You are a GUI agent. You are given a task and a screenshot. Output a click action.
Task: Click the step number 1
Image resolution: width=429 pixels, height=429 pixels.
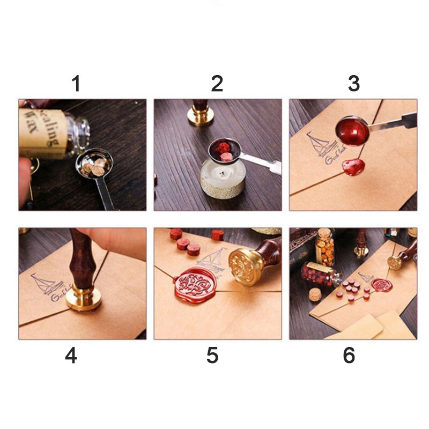(x=76, y=84)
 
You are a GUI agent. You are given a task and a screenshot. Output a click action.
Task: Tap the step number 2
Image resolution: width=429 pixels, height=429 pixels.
(x=217, y=84)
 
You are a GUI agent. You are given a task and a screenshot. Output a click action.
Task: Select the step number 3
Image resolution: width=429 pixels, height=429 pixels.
(x=353, y=84)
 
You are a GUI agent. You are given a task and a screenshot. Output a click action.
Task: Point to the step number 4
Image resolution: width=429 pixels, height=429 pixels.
(x=71, y=356)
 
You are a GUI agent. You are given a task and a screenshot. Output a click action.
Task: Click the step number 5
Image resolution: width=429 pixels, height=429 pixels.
(x=213, y=356)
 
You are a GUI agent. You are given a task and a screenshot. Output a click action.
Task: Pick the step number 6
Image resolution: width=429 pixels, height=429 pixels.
(x=349, y=356)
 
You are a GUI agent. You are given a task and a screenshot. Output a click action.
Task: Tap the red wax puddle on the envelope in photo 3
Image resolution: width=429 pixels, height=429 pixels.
(x=354, y=166)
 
